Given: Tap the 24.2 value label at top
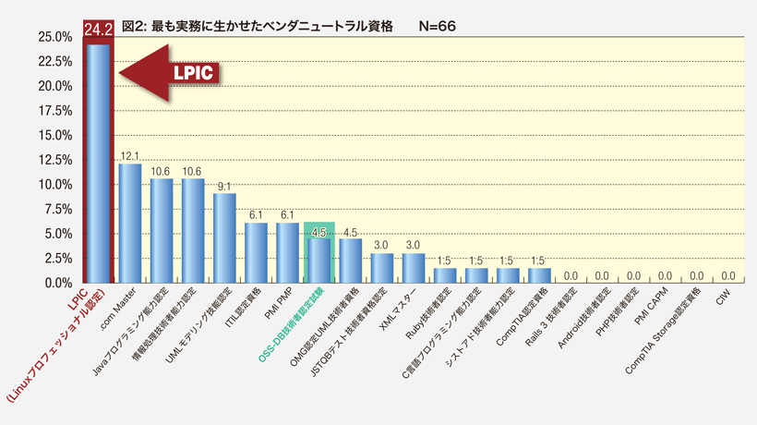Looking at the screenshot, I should (98, 29).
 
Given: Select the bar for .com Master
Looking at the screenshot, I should (130, 223).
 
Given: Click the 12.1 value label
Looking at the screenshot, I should (130, 156).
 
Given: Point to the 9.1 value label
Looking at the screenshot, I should (224, 186).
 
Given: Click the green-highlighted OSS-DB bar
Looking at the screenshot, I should (318, 260).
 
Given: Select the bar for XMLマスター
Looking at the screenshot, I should (413, 267).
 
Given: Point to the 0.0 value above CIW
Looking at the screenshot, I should (727, 275).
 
